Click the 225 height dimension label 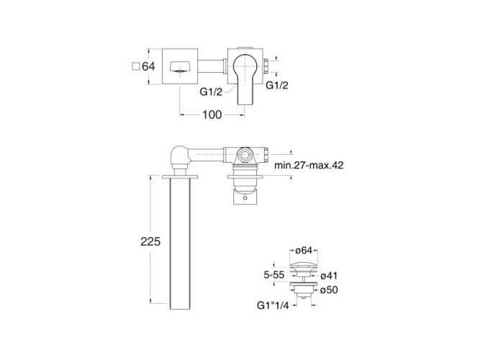pyautogui.click(x=150, y=241)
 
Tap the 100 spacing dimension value pyautogui.click(x=212, y=114)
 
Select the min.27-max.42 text pyautogui.click(x=309, y=165)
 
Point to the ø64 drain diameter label pyautogui.click(x=304, y=251)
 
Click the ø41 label pyautogui.click(x=329, y=276)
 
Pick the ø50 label pyautogui.click(x=329, y=289)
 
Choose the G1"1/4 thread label pyautogui.click(x=273, y=305)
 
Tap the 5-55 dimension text pyautogui.click(x=274, y=275)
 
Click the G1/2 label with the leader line pyautogui.click(x=211, y=91)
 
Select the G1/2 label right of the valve pyautogui.click(x=277, y=85)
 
